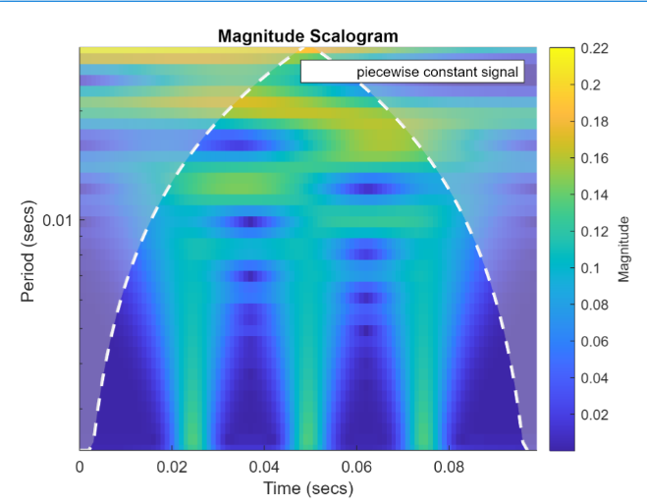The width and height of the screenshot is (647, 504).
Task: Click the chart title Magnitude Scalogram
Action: pos(307,36)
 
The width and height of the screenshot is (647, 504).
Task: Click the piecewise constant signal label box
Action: pos(412,72)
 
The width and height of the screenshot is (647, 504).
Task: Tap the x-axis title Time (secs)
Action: pos(307,488)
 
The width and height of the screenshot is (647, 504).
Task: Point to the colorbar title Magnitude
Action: pos(623,249)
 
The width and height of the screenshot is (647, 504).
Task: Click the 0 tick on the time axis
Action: pos(80,466)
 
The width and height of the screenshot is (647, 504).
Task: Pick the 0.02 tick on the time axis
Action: pos(172,466)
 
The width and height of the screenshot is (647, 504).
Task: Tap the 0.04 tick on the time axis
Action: pos(264,466)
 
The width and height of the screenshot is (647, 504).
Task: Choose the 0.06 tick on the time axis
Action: pos(356,466)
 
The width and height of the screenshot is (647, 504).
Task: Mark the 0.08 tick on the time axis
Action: pos(449,466)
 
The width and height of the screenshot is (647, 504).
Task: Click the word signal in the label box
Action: pos(496,72)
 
